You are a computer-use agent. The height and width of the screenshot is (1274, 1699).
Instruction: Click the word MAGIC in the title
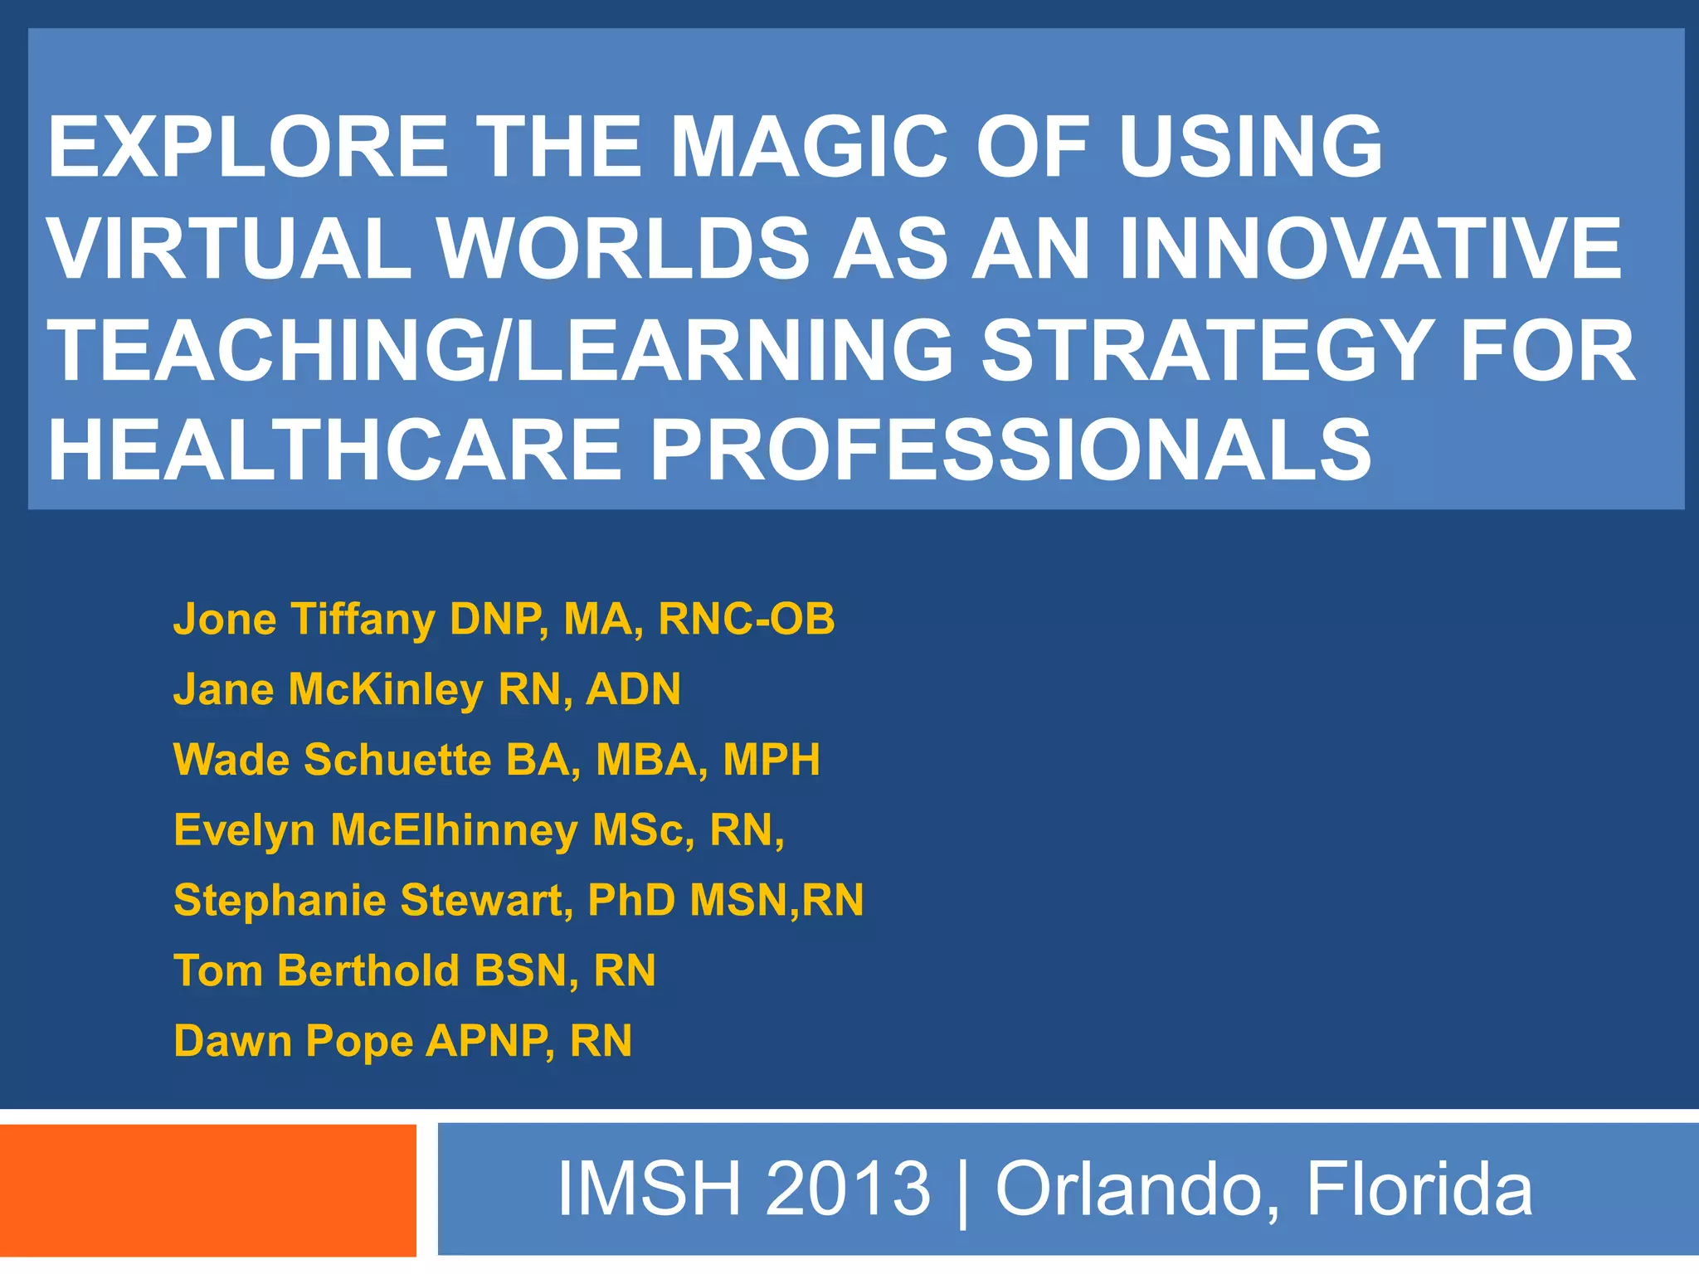tap(807, 147)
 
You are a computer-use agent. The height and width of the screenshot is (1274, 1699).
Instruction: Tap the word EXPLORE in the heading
tap(249, 147)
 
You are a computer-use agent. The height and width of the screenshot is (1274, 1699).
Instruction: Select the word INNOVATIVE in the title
tap(1370, 248)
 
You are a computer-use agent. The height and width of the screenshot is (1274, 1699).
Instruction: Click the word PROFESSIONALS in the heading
tap(1010, 450)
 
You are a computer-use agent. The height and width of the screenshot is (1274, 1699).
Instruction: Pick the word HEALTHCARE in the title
tap(334, 450)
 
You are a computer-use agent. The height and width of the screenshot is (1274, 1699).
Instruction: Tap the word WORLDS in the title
tap(624, 248)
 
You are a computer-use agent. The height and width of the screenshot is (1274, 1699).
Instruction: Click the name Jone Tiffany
tap(304, 620)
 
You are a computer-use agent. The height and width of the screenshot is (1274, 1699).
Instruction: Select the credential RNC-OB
tap(746, 620)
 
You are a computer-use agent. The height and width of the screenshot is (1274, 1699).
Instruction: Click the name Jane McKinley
tap(328, 689)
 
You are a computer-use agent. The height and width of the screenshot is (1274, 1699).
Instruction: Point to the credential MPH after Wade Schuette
tap(771, 760)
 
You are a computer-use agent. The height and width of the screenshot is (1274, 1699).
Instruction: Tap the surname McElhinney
tap(454, 829)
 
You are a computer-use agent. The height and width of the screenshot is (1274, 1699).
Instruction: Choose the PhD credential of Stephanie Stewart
tap(631, 900)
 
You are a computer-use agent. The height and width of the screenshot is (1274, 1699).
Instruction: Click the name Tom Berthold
tap(316, 970)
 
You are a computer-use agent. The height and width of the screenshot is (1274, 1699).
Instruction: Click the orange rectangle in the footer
tap(207, 1190)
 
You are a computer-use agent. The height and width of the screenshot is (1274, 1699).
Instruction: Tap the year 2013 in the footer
tap(848, 1189)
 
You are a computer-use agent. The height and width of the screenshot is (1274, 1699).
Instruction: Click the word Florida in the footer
tap(1419, 1189)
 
